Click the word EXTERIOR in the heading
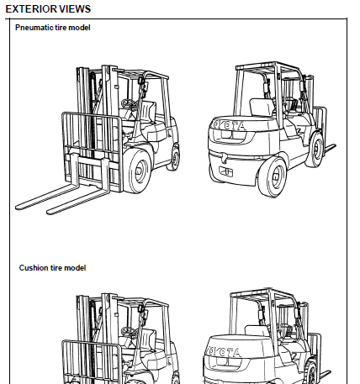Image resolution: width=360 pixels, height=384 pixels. click(31, 8)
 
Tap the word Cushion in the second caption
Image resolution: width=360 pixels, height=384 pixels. click(34, 268)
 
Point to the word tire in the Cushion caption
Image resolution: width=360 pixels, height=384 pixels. click(58, 268)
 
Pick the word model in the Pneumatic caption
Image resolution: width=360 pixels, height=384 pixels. click(80, 29)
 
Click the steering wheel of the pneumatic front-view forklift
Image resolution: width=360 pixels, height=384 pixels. click(129, 104)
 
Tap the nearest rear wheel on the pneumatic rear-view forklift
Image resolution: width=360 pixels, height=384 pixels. click(272, 181)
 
